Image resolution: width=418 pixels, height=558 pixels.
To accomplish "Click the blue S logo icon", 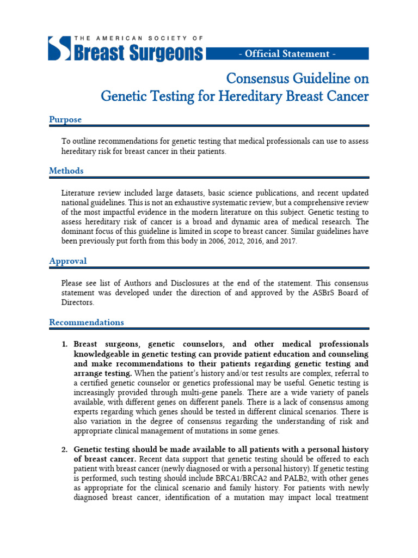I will (x=59, y=48).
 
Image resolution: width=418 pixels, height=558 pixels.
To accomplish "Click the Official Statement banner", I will (x=287, y=53).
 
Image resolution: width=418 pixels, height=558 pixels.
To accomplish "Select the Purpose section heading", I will (x=65, y=119).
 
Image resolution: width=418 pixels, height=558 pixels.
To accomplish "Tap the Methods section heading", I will (x=66, y=171).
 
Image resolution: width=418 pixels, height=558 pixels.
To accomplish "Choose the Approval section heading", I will (x=68, y=261).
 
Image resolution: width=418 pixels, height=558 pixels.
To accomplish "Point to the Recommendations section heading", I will (x=87, y=322).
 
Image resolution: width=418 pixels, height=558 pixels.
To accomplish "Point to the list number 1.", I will (x=64, y=344).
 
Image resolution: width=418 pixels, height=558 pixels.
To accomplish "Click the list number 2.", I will (x=64, y=450).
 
